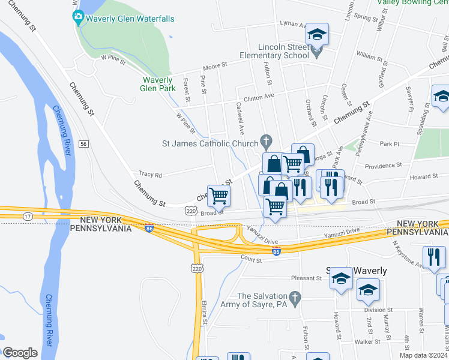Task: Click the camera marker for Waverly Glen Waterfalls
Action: point(77,19)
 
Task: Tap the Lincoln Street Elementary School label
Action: point(283,51)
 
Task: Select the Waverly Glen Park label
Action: point(158,83)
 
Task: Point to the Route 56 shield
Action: point(83,144)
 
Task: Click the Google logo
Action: point(20,353)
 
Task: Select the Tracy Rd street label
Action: point(150,175)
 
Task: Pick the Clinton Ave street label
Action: point(258,96)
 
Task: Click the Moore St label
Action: point(215,64)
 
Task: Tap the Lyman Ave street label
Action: point(293,24)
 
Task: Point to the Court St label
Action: point(251,260)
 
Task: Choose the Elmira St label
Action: point(205,313)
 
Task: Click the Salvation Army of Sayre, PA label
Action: point(262,300)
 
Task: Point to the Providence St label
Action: point(382,165)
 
